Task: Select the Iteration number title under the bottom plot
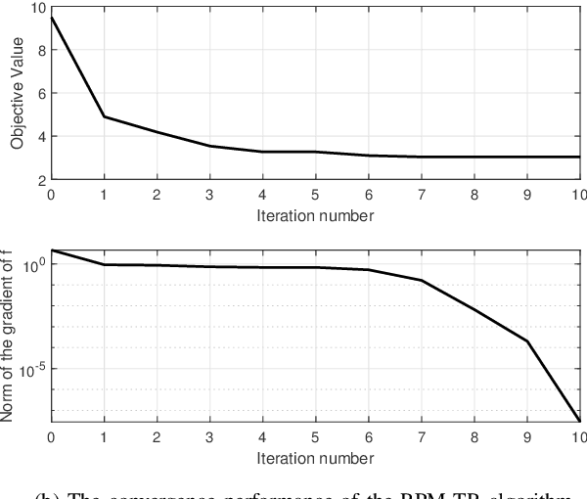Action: click(x=316, y=456)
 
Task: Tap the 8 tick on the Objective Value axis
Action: click(x=40, y=50)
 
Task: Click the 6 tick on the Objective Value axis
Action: click(x=40, y=94)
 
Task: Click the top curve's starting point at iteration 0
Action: click(x=51, y=17)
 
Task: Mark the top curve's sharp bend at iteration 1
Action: click(x=104, y=116)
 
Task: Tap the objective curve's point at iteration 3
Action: click(x=209, y=147)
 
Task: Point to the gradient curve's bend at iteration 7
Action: click(x=422, y=281)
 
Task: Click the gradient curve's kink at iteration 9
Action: click(x=527, y=341)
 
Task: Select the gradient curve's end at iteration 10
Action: click(x=580, y=421)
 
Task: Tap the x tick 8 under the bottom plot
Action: click(x=474, y=436)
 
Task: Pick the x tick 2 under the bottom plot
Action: click(x=157, y=436)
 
